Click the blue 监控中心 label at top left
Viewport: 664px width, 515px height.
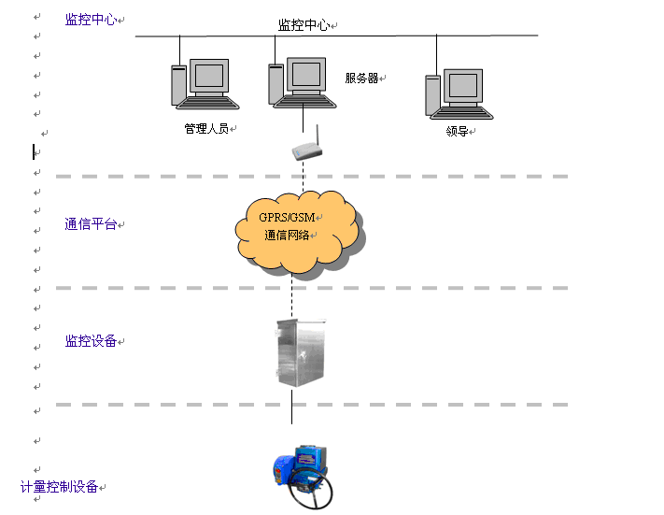pos(91,20)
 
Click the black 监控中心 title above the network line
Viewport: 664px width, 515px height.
pos(304,25)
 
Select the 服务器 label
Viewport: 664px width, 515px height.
pos(361,79)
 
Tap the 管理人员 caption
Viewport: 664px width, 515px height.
pos(205,129)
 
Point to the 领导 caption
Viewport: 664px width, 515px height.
pos(457,132)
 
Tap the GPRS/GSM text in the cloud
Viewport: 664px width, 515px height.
pos(288,217)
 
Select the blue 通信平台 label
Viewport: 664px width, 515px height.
pos(91,224)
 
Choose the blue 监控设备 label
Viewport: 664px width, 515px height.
pos(91,341)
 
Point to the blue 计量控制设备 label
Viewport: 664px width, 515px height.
pos(60,487)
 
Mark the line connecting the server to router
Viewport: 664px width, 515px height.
pos(304,120)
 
